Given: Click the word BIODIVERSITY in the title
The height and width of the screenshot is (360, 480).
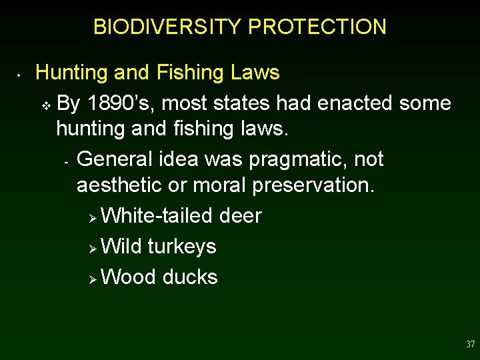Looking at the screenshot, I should coord(168,27).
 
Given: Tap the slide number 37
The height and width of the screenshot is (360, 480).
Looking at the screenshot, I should coord(471,345).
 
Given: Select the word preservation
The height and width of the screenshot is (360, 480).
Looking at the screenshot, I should coord(313,185).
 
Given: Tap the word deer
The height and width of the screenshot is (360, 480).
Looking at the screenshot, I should coord(240,215).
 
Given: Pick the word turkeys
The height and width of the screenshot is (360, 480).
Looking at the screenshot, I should coord(182,246).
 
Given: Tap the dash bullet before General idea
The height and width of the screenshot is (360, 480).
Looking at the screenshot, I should coord(67,161).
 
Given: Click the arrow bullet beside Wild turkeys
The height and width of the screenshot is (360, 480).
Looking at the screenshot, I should coord(93,247).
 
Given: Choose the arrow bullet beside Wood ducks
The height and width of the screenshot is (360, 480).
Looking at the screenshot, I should coord(93,278).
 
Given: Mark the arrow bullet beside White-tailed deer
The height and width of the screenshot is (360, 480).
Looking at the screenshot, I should coord(93,217).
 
